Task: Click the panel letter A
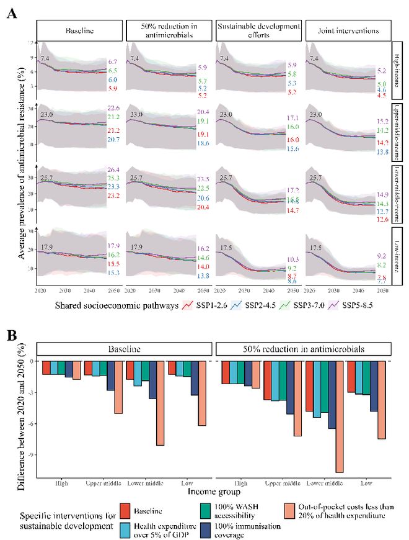pos(11,14)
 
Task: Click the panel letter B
pos(11,335)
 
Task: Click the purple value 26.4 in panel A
pos(113,170)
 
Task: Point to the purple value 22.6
pos(113,109)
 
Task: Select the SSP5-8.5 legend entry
pos(351,305)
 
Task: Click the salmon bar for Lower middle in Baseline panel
pos(160,403)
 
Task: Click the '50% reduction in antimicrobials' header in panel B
pos(302,350)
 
